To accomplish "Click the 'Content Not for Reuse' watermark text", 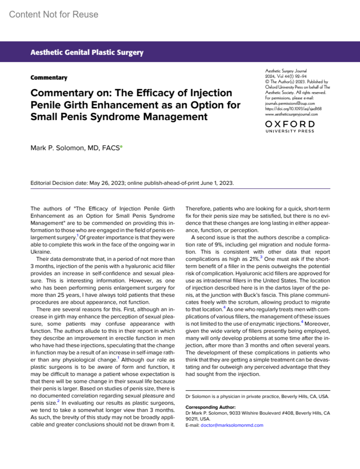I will point(54,14).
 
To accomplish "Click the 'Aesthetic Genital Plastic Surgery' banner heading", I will point(87,53).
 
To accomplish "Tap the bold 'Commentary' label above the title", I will point(49,78).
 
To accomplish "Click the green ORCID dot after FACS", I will point(121,146).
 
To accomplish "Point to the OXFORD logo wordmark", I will point(290,124).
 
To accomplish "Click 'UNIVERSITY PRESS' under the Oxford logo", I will point(290,131).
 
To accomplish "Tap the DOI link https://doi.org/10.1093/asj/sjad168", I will point(293,109).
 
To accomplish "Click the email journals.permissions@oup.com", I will point(290,103).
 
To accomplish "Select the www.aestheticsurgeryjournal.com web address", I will point(291,114).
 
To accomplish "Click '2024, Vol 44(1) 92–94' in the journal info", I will point(286,76).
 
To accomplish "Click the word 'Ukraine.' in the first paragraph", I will point(41,252).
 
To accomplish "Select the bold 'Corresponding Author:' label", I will point(210,407).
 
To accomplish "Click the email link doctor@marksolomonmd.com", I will point(232,425).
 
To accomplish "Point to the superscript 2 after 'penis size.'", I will point(58,401).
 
